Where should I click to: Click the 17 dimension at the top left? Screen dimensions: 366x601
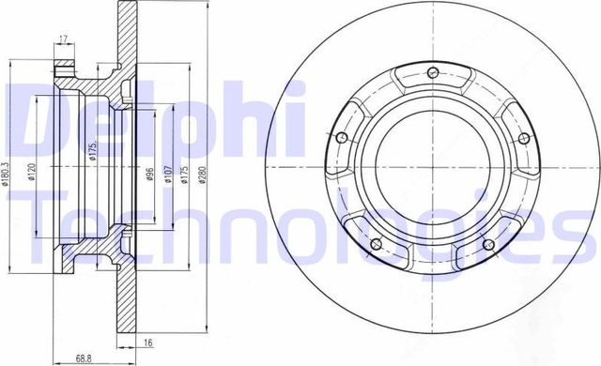63,38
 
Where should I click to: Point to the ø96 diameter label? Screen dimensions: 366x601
150,175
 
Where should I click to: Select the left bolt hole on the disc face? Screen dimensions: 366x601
340,140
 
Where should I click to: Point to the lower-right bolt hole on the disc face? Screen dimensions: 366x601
487,246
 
